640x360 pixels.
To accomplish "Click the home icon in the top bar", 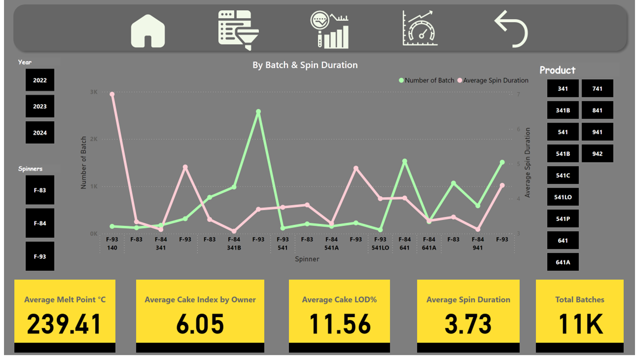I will pyautogui.click(x=148, y=31).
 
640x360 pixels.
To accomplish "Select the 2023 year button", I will pyautogui.click(x=40, y=106).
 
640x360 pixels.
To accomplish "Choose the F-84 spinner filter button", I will pyautogui.click(x=40, y=223).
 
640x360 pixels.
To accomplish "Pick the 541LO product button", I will pyautogui.click(x=563, y=197).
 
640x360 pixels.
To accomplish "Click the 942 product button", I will pyautogui.click(x=597, y=154).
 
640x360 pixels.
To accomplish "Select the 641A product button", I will pyautogui.click(x=563, y=262).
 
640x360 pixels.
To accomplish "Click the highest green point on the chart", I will pyautogui.click(x=258, y=112).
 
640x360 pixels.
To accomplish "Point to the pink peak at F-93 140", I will pyautogui.click(x=112, y=94).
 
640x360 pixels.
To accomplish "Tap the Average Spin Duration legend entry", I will pyautogui.click(x=495, y=80).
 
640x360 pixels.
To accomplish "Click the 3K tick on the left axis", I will pyautogui.click(x=94, y=92).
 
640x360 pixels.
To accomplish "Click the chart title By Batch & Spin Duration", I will pyautogui.click(x=305, y=65).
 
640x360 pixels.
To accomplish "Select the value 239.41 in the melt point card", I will pyautogui.click(x=64, y=323).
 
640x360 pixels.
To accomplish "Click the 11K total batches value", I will pyautogui.click(x=579, y=323).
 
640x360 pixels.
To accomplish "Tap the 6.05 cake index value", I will pyautogui.click(x=200, y=323).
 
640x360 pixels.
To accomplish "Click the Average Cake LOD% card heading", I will pyautogui.click(x=339, y=300).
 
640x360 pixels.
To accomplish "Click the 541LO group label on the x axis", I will pyautogui.click(x=380, y=247).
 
